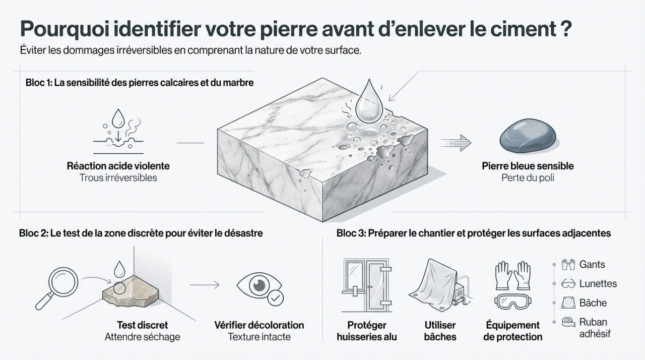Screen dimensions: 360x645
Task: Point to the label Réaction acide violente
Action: pyautogui.click(x=118, y=166)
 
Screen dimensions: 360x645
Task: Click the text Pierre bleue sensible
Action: pyautogui.click(x=528, y=166)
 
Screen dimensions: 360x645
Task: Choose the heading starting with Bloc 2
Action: pyautogui.click(x=141, y=233)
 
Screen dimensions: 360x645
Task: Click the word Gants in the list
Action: pyautogui.click(x=592, y=264)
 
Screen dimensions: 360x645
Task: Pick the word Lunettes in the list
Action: pyautogui.click(x=598, y=283)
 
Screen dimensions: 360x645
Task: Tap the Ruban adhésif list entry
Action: pyautogui.click(x=593, y=327)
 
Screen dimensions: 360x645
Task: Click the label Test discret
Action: pyautogui.click(x=142, y=325)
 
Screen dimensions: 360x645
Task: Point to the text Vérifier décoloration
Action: pyautogui.click(x=259, y=325)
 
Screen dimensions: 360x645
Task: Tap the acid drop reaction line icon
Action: pyautogui.click(x=118, y=131)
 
